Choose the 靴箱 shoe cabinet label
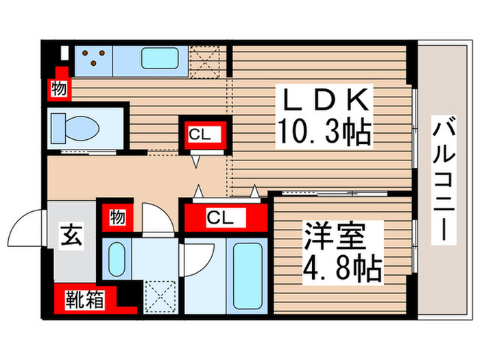(x=85, y=299)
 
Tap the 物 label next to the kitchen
(x=58, y=88)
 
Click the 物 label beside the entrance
(x=117, y=217)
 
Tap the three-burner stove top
(x=93, y=57)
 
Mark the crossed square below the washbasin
(x=160, y=298)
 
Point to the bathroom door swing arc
(x=189, y=257)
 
